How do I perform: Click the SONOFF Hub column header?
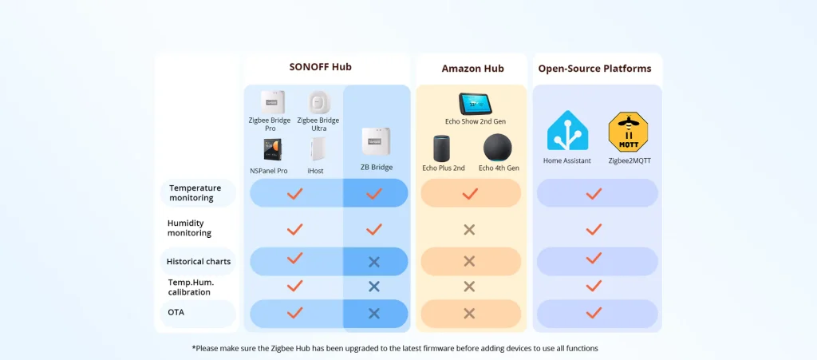pos(320,67)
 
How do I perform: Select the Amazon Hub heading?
pos(472,69)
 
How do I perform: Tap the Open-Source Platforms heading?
pos(594,69)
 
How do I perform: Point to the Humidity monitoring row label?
pos(189,228)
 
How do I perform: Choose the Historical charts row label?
pos(199,261)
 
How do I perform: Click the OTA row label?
pos(176,312)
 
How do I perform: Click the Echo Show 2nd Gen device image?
pos(475,104)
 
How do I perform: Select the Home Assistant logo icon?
pos(567,132)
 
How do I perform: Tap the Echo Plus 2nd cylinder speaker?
pos(443,148)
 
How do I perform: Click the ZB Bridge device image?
pos(376,143)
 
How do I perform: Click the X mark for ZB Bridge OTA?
pos(373,313)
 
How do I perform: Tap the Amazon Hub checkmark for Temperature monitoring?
pos(470,193)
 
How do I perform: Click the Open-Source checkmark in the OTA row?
pos(594,313)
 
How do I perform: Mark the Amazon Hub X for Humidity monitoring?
pos(469,230)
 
